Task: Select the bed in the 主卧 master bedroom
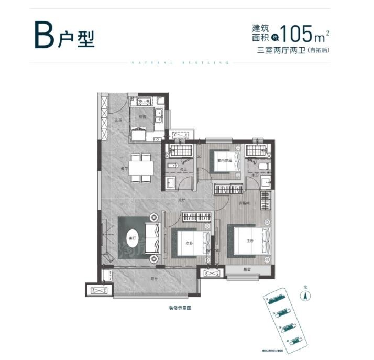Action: [x=249, y=242]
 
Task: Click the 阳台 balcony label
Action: [x=155, y=279]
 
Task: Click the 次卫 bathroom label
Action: [x=183, y=170]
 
